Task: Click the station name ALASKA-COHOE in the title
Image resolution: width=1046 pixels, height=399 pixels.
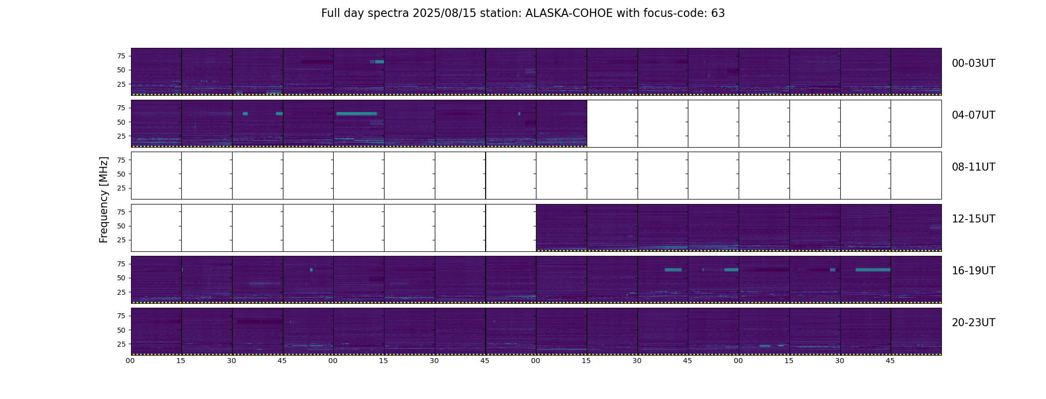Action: [569, 13]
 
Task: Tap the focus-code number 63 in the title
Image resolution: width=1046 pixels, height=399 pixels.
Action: [718, 13]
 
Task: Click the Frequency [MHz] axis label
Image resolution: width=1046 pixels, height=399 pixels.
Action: [104, 199]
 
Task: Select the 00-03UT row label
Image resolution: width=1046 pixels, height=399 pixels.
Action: [973, 63]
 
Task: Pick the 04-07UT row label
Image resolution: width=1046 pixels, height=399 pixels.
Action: [973, 115]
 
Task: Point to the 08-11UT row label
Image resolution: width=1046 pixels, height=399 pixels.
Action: [973, 167]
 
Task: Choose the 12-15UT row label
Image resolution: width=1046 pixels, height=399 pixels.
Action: [973, 219]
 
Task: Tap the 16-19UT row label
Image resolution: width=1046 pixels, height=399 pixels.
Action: [973, 271]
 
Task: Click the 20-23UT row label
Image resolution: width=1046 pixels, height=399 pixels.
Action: [973, 323]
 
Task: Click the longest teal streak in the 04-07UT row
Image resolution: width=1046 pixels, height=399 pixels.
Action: [357, 114]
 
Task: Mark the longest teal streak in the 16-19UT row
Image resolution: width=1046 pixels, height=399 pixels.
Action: [873, 270]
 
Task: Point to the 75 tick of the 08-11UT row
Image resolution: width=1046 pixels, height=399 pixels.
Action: [121, 160]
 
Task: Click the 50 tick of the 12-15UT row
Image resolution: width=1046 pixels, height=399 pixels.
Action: [121, 226]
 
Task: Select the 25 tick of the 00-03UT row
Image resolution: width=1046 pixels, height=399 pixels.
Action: [121, 84]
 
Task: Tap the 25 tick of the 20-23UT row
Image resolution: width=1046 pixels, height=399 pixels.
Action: [121, 344]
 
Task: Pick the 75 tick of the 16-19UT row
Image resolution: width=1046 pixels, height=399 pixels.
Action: [121, 264]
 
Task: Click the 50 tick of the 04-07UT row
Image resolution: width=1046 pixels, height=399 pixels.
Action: [121, 122]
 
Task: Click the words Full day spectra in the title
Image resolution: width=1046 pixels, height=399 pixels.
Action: [365, 13]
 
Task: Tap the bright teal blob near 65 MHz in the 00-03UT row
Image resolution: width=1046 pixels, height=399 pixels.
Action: [379, 62]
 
